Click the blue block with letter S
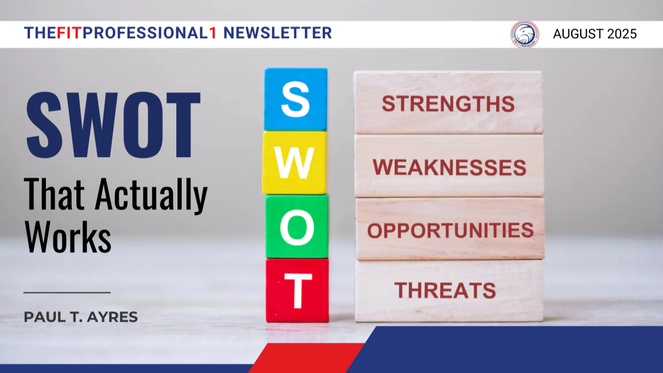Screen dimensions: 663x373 [x=296, y=99]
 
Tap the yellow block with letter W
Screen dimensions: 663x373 [x=294, y=162]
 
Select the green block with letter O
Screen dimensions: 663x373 [x=297, y=227]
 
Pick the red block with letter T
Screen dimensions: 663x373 [x=297, y=291]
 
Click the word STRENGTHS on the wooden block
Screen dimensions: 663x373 [x=448, y=104]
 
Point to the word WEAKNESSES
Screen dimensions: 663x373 [x=450, y=167]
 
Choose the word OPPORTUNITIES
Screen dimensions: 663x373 [x=450, y=231]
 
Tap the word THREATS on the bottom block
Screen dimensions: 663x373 [x=446, y=291]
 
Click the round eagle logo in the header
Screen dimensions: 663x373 [x=524, y=34]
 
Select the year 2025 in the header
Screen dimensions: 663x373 [x=622, y=34]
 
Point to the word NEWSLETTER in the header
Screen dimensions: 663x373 [x=277, y=33]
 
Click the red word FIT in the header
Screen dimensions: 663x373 [x=69, y=33]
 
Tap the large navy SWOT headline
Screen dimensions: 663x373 [x=113, y=125]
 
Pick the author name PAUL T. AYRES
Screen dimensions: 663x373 [x=81, y=317]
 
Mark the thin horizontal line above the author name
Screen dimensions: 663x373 [x=67, y=292]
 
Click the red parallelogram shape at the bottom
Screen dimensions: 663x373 [x=307, y=358]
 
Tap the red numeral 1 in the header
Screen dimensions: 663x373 [x=213, y=33]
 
